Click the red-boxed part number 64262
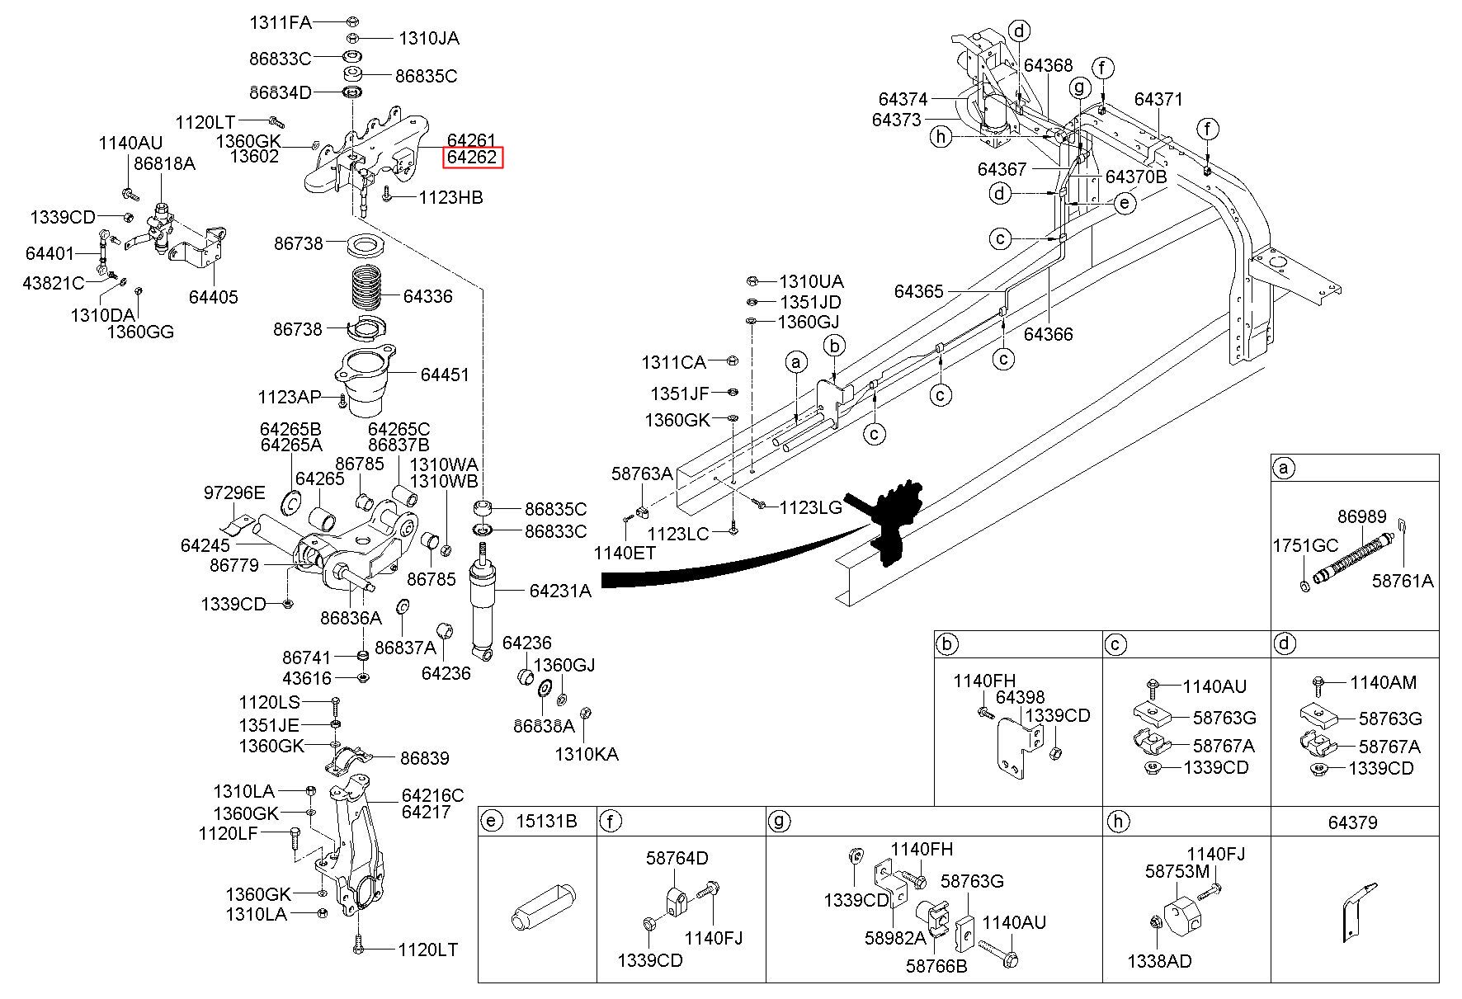click(472, 157)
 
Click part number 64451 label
click(444, 375)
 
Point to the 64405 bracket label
click(213, 297)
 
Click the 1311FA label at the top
click(281, 22)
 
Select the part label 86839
click(425, 757)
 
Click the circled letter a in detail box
click(1283, 469)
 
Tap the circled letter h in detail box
click(1116, 822)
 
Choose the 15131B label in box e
click(546, 822)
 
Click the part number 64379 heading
click(1352, 822)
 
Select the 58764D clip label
click(677, 858)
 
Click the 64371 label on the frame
click(1158, 99)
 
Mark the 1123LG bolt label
click(811, 507)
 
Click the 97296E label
click(234, 493)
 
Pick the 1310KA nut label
click(586, 754)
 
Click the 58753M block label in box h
click(1177, 871)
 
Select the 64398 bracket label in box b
click(1020, 697)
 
